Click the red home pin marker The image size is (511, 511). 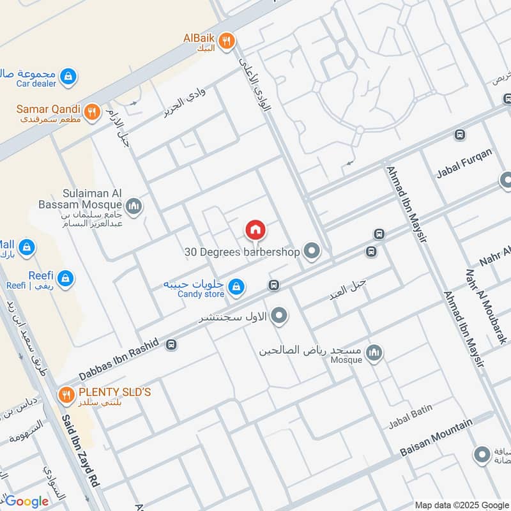coord(255,229)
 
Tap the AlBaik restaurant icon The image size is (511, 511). coord(225,42)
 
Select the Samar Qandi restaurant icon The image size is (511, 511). coord(92,111)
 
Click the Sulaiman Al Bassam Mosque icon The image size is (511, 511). coord(133,206)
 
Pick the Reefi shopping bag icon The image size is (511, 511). coord(65,278)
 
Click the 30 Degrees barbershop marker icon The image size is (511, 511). coord(312,252)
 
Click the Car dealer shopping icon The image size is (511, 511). coord(68,77)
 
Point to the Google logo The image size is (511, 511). coord(27,501)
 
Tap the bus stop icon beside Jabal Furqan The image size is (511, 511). coord(459,135)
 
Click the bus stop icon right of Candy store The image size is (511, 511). coord(274,285)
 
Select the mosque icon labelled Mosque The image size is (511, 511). coord(374,352)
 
